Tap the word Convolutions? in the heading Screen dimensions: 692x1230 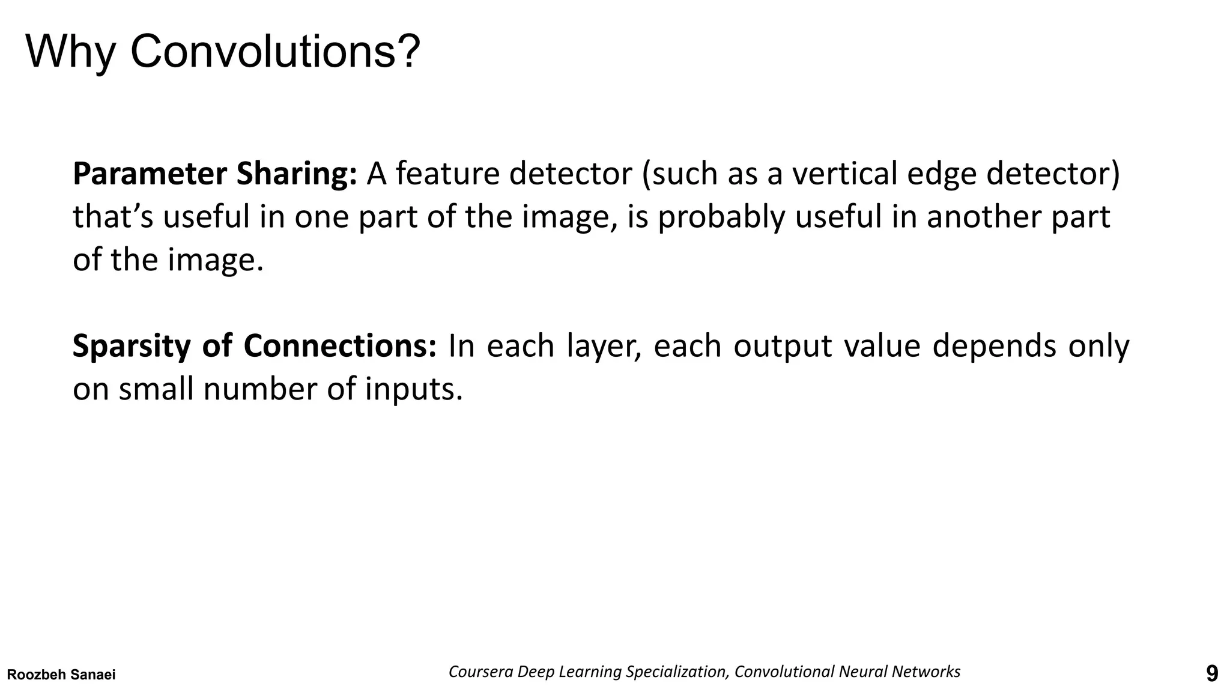[275, 52]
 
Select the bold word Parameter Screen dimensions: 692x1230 [150, 174]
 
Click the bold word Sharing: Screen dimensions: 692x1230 [297, 175]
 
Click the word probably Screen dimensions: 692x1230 [721, 217]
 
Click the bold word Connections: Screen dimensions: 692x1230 [340, 346]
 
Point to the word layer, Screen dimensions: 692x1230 [604, 347]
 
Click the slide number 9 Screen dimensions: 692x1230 [1212, 674]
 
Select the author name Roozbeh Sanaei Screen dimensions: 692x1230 [61, 675]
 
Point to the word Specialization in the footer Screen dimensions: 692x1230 [677, 672]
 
